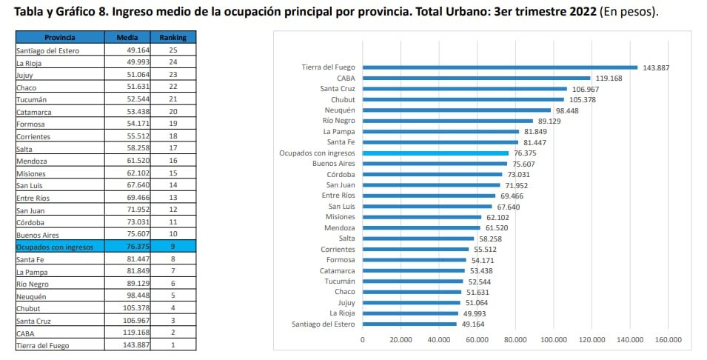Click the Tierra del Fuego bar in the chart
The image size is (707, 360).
coord(500,67)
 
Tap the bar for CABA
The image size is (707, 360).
coord(476,78)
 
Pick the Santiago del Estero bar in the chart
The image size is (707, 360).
coord(409,324)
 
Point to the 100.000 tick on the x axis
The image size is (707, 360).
coord(554,339)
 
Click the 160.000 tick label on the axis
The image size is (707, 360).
coord(669,339)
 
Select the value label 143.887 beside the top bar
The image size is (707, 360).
coord(656,67)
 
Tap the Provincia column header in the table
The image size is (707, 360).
coord(59,37)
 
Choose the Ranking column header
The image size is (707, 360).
coord(172,37)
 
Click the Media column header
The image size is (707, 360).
coord(127,37)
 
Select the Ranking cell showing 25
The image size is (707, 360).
coord(172,50)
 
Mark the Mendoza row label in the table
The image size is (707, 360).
coord(34,160)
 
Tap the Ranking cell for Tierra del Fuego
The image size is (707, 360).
coord(172,345)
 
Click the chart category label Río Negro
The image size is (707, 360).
coord(338,121)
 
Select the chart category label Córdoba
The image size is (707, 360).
coord(341,174)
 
